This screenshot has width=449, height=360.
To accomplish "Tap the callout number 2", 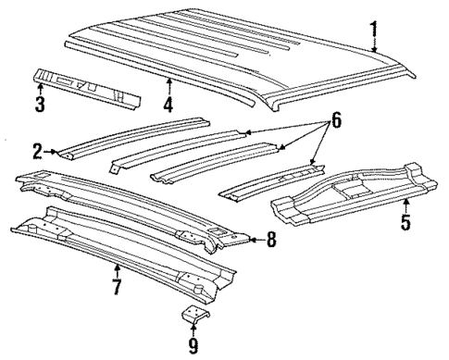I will (36, 150).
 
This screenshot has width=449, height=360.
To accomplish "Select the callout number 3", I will (39, 104).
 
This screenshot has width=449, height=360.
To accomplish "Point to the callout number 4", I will (168, 105).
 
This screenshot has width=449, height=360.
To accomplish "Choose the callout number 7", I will (117, 287).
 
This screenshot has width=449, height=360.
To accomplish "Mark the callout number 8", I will (269, 240).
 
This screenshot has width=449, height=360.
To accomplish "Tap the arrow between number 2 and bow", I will (55, 150).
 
